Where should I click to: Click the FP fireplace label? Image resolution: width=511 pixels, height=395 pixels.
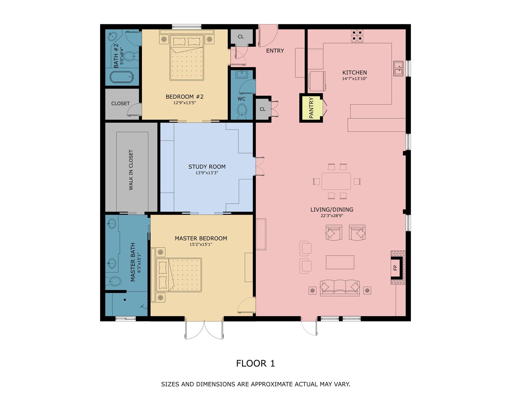pos(395,268)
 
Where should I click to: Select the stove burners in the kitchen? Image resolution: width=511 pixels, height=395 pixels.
pos(357,36)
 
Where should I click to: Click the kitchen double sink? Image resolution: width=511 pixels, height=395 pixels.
pos(398,68)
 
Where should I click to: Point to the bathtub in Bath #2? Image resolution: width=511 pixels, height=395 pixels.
pos(122,77)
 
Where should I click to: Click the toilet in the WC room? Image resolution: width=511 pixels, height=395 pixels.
pos(242,110)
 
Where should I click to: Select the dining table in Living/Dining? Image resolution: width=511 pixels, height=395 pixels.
pos(336,181)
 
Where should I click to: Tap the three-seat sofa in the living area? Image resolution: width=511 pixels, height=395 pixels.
pos(339,288)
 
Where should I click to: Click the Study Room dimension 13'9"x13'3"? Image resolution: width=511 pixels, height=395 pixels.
pos(207,173)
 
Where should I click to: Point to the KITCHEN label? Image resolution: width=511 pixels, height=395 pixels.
pos(354,73)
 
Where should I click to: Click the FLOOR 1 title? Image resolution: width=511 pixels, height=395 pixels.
pos(255,363)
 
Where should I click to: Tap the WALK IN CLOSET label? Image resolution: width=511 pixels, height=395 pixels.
pos(131,170)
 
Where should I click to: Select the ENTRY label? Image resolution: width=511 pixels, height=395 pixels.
pos(275,51)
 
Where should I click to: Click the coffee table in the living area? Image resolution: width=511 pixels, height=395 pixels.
pos(340,262)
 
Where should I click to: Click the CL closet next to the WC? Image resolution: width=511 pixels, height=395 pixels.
pos(262,109)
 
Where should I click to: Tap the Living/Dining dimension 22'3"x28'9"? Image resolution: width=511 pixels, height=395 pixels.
pos(332,216)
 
